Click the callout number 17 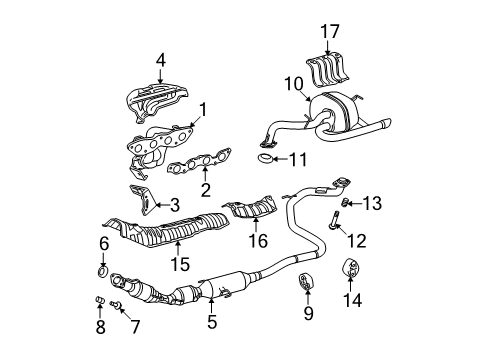point(330,31)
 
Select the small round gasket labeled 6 point(103,271)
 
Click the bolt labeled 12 point(334,220)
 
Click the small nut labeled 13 point(345,202)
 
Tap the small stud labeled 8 point(100,300)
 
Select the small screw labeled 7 point(116,304)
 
